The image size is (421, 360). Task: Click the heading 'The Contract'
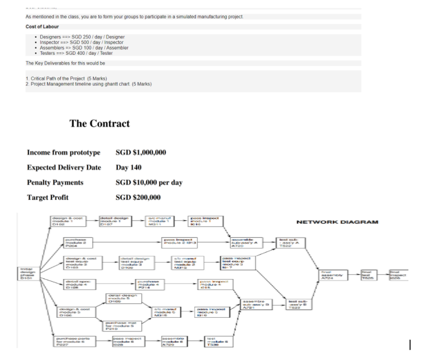pos(99,123)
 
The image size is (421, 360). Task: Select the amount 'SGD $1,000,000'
pos(141,153)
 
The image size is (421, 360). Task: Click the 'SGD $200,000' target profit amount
pos(138,197)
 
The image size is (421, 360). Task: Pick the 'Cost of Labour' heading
pos(42,26)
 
